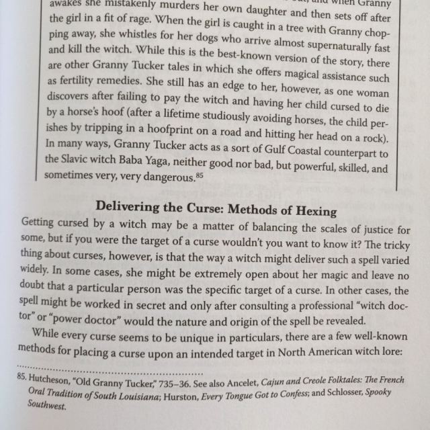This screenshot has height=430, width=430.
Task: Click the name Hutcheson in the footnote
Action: tap(52, 381)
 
